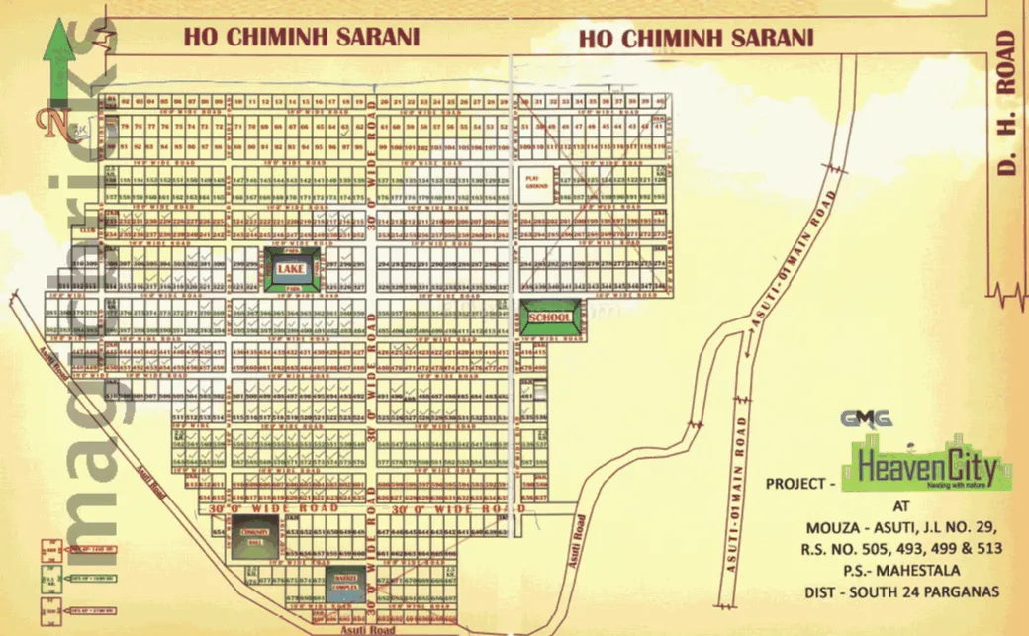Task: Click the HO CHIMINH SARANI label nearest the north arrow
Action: pos(301,37)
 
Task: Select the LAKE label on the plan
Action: pos(290,269)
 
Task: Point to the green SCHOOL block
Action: pos(550,317)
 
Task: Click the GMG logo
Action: pos(867,419)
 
